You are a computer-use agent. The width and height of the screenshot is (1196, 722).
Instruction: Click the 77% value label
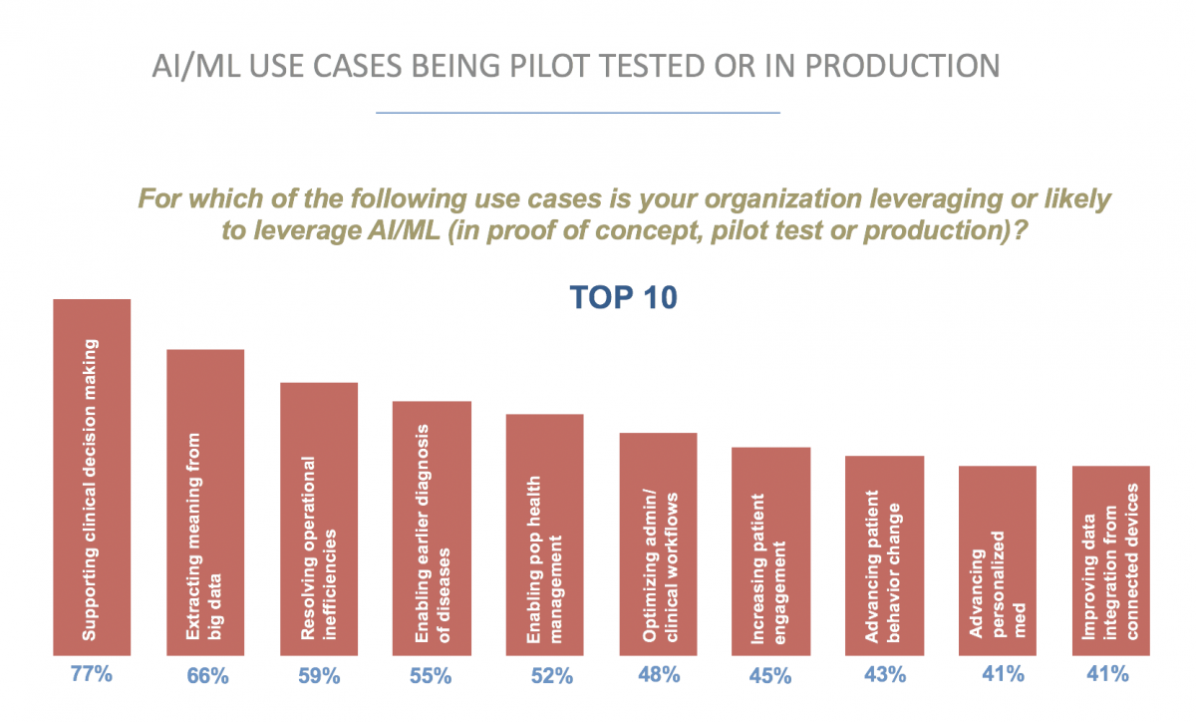click(92, 674)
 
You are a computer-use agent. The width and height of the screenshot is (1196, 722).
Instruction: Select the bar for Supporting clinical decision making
click(92, 478)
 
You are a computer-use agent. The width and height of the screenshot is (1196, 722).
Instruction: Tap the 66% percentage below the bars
click(207, 676)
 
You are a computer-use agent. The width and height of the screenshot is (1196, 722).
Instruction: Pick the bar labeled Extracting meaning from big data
click(205, 503)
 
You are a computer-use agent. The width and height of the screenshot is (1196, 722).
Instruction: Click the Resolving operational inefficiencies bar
click(319, 519)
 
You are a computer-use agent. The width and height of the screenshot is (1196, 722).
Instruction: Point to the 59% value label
click(319, 676)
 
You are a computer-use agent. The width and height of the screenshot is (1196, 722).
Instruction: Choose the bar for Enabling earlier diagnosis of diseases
click(432, 529)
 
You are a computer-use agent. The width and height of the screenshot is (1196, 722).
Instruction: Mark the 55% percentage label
click(432, 676)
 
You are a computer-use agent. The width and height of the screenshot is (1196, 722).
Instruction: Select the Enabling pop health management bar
click(545, 535)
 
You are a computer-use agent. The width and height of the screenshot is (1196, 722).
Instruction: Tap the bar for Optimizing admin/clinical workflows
click(658, 544)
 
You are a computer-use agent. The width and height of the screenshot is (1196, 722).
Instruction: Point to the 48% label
click(659, 675)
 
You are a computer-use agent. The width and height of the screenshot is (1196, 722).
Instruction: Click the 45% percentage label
click(771, 676)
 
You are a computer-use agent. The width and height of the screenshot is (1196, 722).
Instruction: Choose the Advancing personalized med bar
click(998, 560)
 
